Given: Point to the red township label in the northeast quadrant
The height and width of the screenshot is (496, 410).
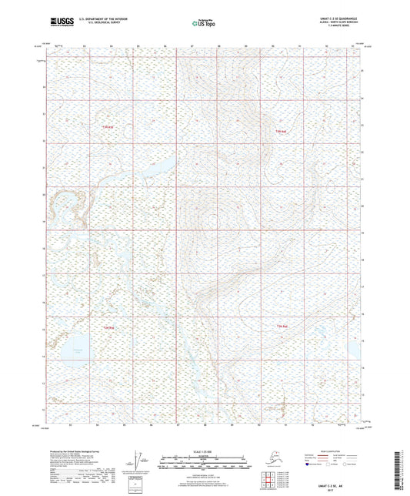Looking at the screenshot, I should (282, 132).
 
